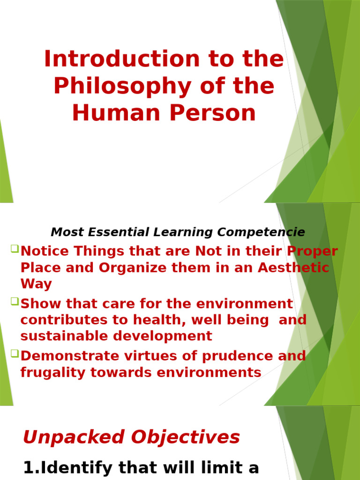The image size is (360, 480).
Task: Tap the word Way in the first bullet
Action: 36,284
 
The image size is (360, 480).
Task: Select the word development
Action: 165,336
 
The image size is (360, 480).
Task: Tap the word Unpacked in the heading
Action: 75,438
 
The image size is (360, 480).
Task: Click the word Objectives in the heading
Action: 186,438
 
